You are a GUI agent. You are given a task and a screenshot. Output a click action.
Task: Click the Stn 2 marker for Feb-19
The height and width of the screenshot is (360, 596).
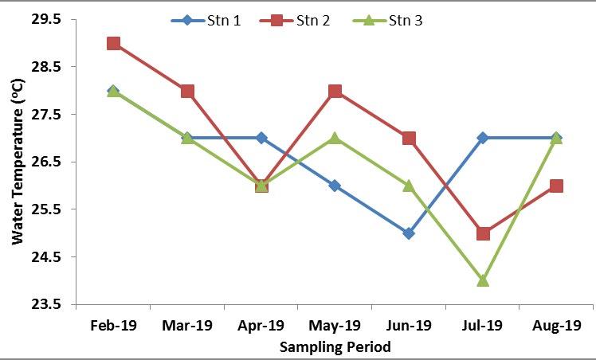pos(114,43)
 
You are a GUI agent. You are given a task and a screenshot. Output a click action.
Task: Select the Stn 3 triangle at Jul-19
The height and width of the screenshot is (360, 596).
pos(482,280)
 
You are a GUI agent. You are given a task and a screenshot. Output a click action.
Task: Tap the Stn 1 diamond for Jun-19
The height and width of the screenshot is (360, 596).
pos(409,233)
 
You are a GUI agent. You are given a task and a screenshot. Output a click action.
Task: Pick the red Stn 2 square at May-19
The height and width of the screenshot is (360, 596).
pos(335,91)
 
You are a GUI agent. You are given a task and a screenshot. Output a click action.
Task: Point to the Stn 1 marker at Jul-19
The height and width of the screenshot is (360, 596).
pos(482,138)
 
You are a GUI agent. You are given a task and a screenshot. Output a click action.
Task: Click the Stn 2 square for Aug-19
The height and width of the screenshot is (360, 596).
pos(556,186)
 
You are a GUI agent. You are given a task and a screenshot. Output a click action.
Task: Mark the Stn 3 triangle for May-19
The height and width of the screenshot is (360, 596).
pos(335,138)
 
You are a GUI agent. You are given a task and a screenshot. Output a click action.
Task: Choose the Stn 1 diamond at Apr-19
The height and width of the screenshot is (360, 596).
pos(261,138)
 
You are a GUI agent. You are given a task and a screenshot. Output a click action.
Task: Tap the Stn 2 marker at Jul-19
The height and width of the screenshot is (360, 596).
pos(482,233)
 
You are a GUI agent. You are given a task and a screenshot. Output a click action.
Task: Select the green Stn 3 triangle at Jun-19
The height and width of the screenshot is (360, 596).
pos(409,186)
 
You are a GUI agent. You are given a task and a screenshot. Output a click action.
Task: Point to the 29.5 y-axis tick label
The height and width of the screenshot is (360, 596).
pos(45,19)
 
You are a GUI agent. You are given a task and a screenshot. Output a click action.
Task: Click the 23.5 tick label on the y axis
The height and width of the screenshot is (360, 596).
pos(45,304)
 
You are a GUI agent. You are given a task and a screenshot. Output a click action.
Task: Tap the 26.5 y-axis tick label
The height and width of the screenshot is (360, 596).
pos(45,162)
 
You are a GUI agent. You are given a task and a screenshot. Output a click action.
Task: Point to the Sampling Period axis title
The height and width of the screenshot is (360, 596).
pos(335,347)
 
